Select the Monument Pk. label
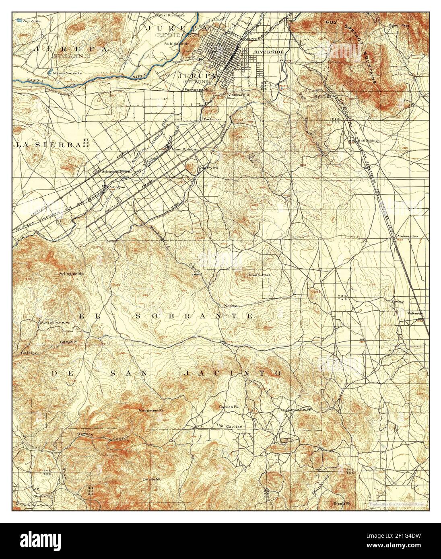(152, 411)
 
